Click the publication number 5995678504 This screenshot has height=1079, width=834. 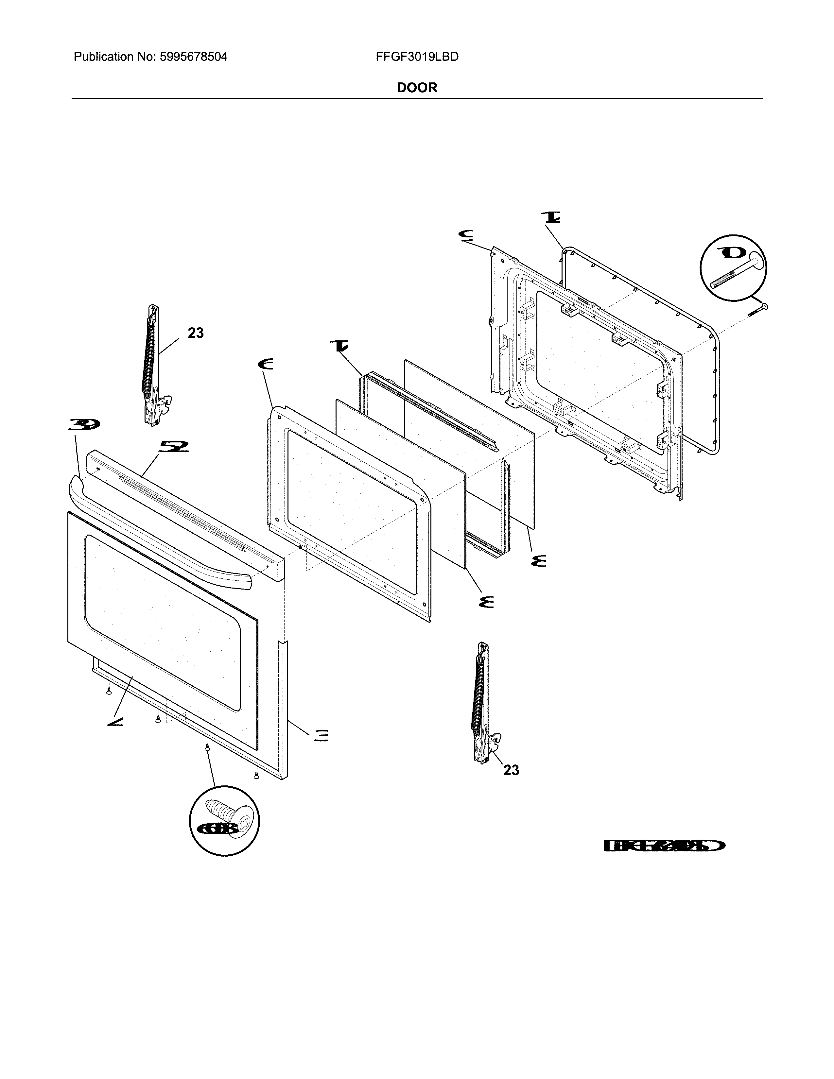(193, 57)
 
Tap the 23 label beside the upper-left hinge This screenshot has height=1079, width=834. (196, 334)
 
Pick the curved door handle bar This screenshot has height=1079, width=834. (158, 534)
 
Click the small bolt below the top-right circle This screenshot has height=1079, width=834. (758, 310)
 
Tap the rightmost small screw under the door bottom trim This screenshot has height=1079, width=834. (256, 776)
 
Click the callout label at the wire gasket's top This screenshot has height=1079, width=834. (549, 217)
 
